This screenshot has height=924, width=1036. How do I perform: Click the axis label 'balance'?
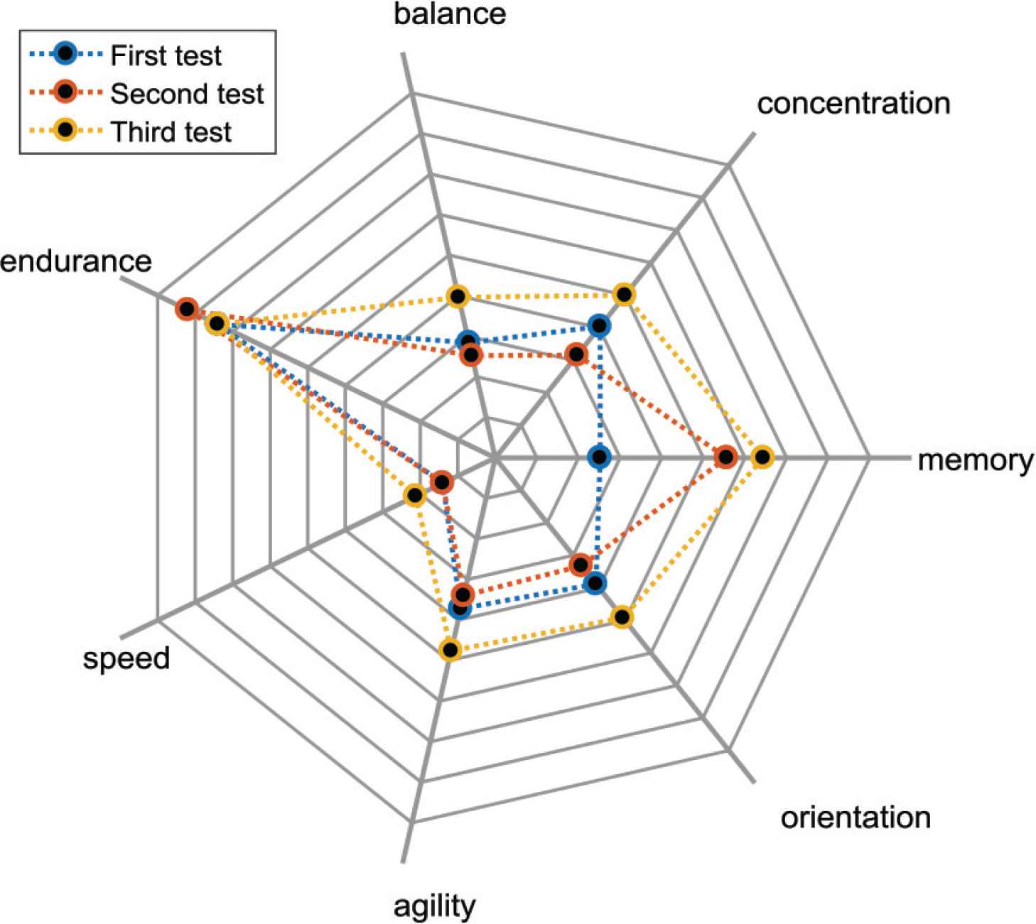(x=450, y=14)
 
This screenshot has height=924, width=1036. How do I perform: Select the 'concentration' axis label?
(x=853, y=104)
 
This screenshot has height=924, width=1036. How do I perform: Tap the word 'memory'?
(x=975, y=460)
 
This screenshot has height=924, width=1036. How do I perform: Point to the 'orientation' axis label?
(x=856, y=817)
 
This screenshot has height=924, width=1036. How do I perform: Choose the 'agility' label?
(x=434, y=906)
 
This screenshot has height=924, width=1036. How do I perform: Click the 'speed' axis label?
(x=126, y=658)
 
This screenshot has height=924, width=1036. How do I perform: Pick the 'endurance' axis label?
(x=76, y=261)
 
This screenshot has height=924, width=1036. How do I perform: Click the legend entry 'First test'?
(x=166, y=55)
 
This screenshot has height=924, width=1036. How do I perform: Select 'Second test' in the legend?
(x=187, y=94)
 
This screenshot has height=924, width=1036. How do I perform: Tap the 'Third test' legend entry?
(x=171, y=132)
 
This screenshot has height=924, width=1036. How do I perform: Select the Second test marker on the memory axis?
(x=725, y=457)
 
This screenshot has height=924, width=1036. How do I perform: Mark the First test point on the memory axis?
(x=600, y=457)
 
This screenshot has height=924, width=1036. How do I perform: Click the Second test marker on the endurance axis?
(x=186, y=309)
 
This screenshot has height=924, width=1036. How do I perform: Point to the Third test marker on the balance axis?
(x=458, y=296)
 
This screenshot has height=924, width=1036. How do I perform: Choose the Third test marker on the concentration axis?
(x=623, y=294)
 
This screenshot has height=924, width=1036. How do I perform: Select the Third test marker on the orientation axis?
(x=622, y=617)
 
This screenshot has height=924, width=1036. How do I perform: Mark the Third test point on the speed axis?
(x=414, y=495)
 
